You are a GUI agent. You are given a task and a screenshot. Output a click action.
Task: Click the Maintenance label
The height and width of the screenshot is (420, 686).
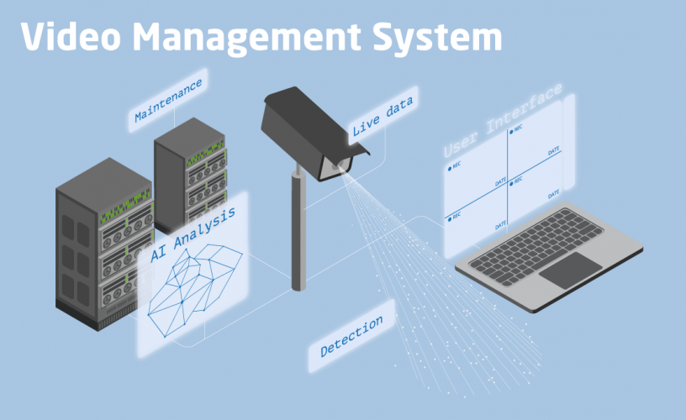[167, 100]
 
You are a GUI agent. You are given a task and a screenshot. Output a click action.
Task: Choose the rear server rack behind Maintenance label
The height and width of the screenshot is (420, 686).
[189, 168]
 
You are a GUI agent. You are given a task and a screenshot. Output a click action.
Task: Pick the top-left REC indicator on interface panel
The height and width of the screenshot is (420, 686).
[455, 166]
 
